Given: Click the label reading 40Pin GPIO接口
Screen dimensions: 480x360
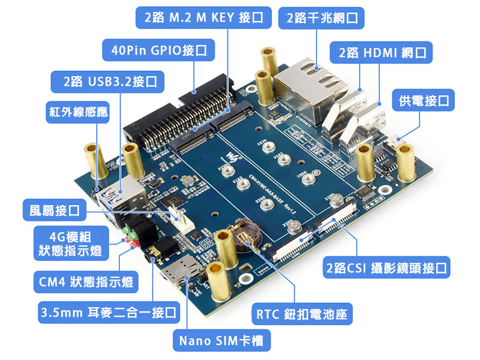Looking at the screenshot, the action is [x=155, y=50].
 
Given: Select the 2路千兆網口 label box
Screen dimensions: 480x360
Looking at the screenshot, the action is [x=322, y=18].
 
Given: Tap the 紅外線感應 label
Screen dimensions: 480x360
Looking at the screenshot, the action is [x=78, y=112].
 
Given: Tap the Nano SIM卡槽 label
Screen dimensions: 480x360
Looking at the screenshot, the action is [x=221, y=341].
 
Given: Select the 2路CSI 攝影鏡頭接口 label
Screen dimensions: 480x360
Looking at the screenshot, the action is [x=386, y=268].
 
